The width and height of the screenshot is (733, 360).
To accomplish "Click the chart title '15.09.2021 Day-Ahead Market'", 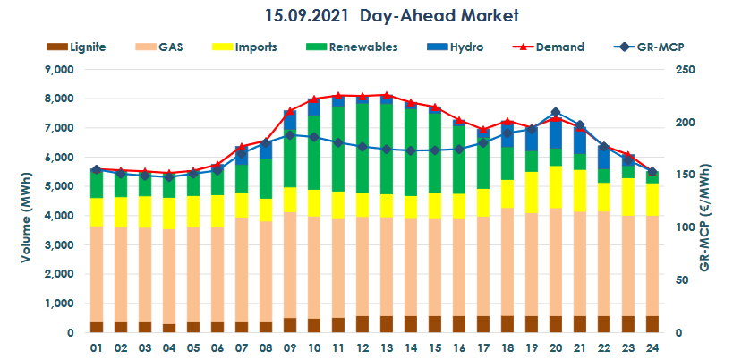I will click(x=392, y=16).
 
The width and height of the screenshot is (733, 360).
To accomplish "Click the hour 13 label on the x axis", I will click(x=387, y=346).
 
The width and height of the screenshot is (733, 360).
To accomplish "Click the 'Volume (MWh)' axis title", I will click(x=19, y=201).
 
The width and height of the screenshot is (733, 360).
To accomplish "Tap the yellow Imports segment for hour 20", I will click(x=555, y=187).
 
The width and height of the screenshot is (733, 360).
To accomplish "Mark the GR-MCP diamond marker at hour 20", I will click(x=555, y=112).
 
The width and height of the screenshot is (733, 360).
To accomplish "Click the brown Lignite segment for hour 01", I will click(x=98, y=327).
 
